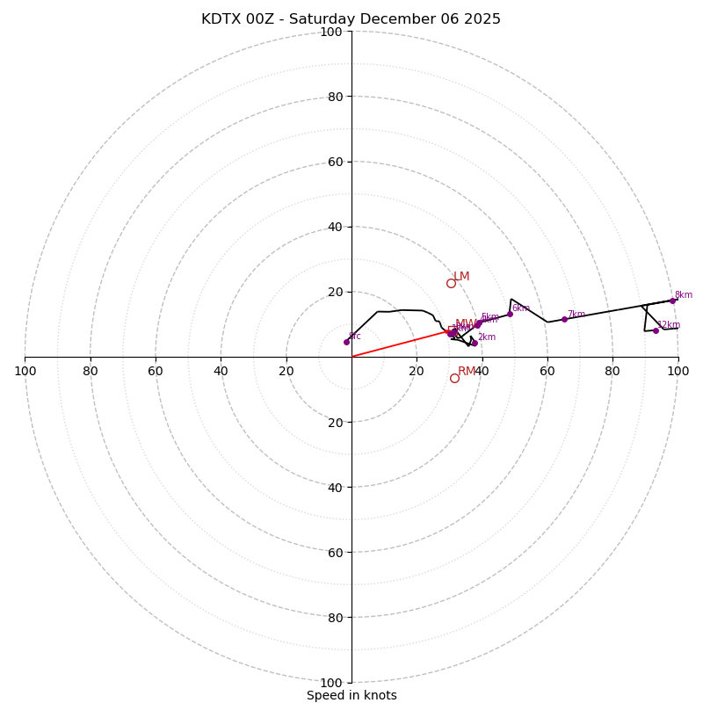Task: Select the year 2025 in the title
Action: tap(482, 19)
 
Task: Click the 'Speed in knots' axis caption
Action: tap(351, 695)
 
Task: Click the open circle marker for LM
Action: tap(451, 283)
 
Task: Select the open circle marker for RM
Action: tap(454, 378)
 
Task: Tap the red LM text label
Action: tap(461, 277)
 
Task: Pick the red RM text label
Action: tap(466, 372)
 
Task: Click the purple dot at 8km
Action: tap(673, 301)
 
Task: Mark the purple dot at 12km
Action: tap(656, 330)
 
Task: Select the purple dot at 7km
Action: tap(564, 319)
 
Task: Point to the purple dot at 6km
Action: tap(510, 314)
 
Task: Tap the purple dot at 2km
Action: tap(475, 343)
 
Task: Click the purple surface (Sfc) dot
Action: tap(346, 342)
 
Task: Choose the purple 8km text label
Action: tap(684, 295)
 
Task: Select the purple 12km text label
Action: tap(670, 325)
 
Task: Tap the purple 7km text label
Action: tap(576, 315)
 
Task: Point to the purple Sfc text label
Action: tap(355, 337)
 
